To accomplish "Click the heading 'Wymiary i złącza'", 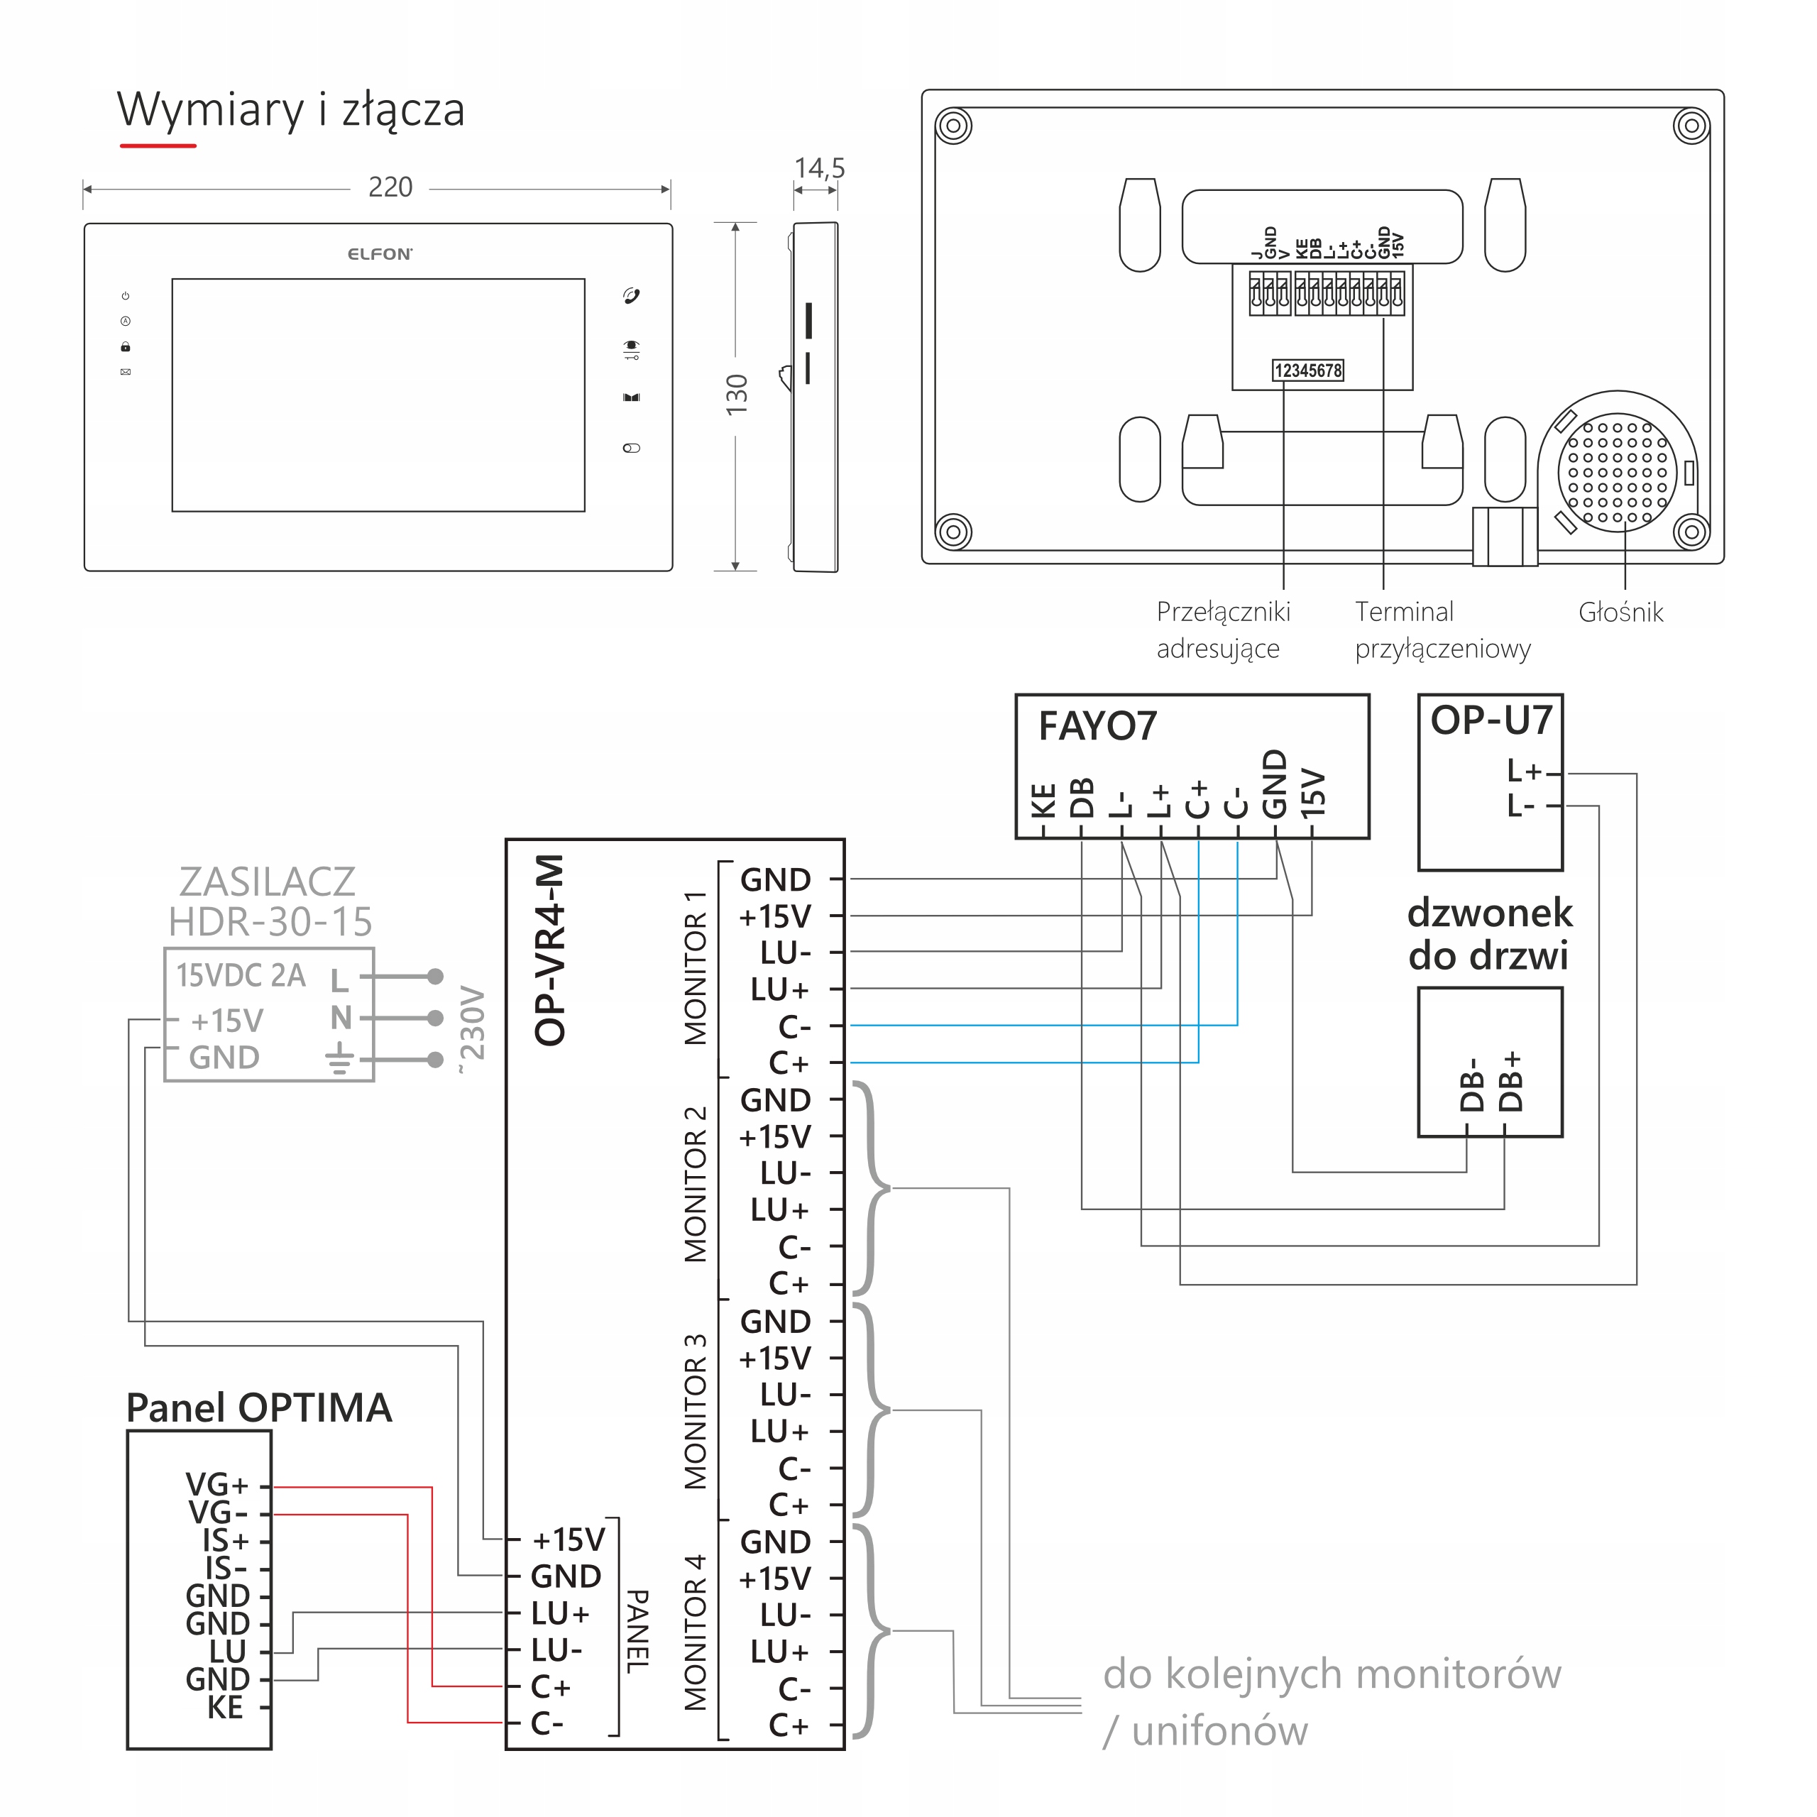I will pos(290,110).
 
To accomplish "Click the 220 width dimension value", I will pos(390,187).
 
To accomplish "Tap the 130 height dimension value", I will pos(737,395).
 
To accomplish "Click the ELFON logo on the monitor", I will pos(379,254).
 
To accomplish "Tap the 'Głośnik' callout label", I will pos(1620,613).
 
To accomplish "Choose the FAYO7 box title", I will pos(1097,727).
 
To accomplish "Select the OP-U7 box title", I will pos(1491,721).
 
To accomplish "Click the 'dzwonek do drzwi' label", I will pos(1489,934).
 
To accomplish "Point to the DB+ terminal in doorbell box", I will pos(1510,1082).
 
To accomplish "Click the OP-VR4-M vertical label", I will pos(550,950).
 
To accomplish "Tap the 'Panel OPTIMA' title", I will pos(258,1408).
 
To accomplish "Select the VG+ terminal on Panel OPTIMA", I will pos(217,1484).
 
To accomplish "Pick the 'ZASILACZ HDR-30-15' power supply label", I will pos(269,902).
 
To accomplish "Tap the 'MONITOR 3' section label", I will pos(694,1411).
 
